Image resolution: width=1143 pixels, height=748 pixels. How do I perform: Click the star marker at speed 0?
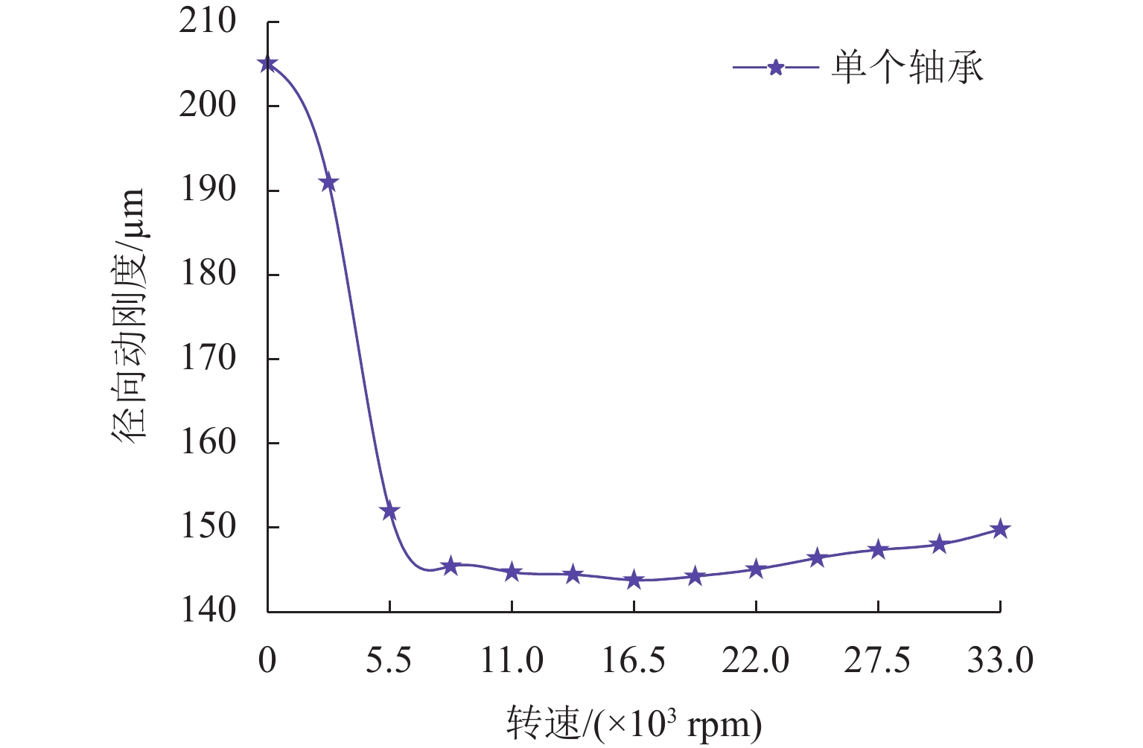coord(268,64)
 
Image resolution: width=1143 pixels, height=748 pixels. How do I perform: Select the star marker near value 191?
coord(328,183)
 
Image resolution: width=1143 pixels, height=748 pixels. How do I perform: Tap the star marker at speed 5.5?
coord(389,511)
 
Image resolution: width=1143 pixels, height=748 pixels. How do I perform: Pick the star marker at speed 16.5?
coord(634,580)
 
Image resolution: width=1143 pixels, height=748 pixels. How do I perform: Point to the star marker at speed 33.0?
coord(1000,529)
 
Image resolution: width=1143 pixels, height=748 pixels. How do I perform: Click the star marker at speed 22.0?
coord(756,569)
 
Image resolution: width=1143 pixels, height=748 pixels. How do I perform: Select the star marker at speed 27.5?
coord(878,550)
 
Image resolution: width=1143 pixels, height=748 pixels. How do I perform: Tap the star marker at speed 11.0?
coord(512,572)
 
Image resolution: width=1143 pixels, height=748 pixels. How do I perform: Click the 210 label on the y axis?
coord(208,22)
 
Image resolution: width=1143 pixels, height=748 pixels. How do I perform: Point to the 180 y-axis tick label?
coord(208,274)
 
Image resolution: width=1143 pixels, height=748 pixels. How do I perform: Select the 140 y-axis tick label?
coord(208,611)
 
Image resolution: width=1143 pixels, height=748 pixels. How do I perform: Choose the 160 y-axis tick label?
coord(208,443)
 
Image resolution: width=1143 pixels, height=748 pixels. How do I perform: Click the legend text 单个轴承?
coord(908,68)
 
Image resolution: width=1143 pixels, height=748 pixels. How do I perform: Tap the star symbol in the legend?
coord(776,68)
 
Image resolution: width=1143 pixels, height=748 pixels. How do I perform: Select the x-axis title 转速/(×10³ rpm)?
coord(634,723)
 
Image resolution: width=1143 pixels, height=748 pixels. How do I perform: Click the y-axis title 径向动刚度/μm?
coord(128,316)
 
